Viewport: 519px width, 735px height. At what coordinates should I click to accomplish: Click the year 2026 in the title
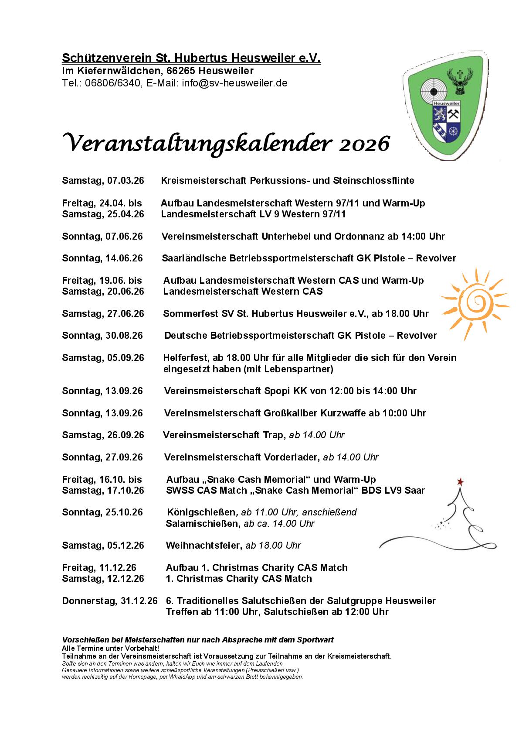pyautogui.click(x=364, y=144)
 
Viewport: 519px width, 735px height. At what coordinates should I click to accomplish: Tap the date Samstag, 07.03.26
pyautogui.click(x=103, y=181)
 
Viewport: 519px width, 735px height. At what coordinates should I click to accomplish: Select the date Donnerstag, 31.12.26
pyautogui.click(x=110, y=601)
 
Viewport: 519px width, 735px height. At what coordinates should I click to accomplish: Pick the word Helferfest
pyautogui.click(x=186, y=358)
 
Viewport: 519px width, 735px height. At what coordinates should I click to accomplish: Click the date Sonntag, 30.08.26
pyautogui.click(x=102, y=336)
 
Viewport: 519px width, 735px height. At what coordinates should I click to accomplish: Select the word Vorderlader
pyautogui.click(x=292, y=457)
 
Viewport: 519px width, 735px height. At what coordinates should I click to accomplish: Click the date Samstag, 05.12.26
pyautogui.click(x=103, y=546)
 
